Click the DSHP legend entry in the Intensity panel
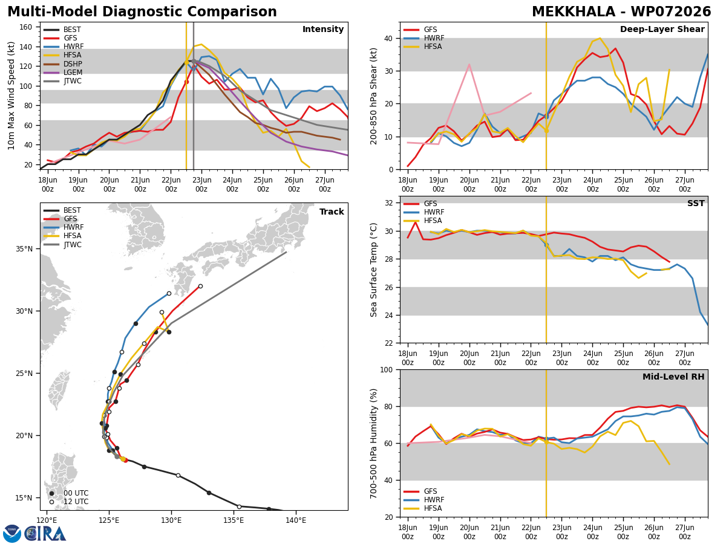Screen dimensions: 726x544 (63, 63)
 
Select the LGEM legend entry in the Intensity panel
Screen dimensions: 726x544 (63, 73)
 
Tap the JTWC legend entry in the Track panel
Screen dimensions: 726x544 (63, 245)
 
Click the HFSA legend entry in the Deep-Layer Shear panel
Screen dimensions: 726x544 (423, 47)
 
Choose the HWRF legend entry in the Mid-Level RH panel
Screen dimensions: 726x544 (424, 500)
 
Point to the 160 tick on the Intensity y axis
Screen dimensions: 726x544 (26, 27)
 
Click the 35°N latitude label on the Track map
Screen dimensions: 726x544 (24, 248)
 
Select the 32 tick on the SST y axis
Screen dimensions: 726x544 (389, 203)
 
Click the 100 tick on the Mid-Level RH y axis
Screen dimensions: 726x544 (387, 369)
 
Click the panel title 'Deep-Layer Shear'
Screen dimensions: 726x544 (662, 30)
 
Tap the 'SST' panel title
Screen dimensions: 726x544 (696, 203)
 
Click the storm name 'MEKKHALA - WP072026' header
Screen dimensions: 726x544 (621, 12)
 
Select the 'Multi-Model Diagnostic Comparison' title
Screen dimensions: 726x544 (142, 12)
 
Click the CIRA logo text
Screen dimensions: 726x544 (45, 534)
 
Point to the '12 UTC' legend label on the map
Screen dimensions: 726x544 (76, 502)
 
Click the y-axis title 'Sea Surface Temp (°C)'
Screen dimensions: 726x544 (374, 270)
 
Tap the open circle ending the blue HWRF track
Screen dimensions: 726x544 (169, 293)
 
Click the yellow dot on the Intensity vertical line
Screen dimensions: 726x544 (186, 62)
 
